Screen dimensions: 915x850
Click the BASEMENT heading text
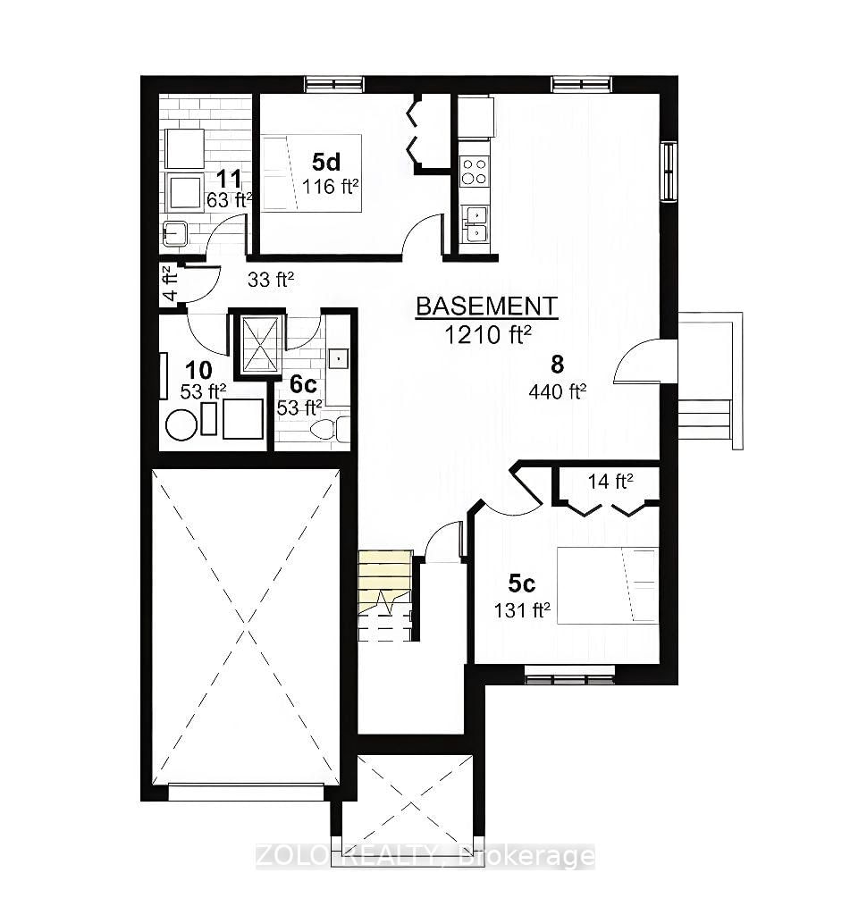486,306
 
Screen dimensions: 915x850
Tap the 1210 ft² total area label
488,334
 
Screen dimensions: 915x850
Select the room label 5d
325,163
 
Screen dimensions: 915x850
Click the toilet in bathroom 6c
328,430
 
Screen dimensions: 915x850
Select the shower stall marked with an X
261,343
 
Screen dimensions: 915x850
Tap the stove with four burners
474,172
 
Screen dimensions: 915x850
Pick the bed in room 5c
607,585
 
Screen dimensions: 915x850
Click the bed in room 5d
311,172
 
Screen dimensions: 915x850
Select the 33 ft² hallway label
271,279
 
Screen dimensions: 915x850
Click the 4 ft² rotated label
167,281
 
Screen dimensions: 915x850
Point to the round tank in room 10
181,424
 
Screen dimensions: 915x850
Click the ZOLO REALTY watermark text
425,856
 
